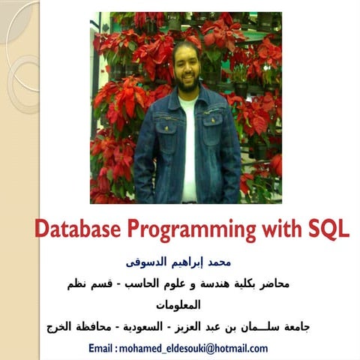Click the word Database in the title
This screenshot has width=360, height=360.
[x=78, y=229]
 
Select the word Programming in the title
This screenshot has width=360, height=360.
[x=192, y=230]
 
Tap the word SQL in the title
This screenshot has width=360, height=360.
[x=328, y=229]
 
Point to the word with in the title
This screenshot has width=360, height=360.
[x=282, y=229]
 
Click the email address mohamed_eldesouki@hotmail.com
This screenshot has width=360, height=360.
[x=193, y=349]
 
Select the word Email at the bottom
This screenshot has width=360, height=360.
[x=100, y=348]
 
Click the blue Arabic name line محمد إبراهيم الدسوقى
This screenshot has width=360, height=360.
[x=178, y=262]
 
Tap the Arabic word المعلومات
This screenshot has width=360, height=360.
[x=178, y=305]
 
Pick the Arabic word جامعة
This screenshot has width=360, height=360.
[x=297, y=326]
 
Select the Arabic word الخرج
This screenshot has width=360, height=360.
[x=58, y=327]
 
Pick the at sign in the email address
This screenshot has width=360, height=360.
[x=210, y=349]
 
